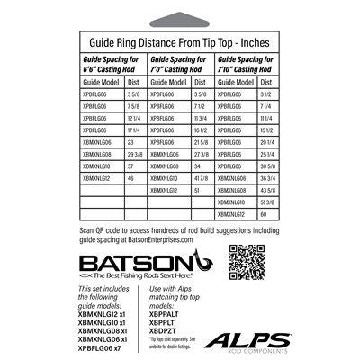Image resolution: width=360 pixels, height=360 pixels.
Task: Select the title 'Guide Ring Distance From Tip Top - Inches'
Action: pos(180,41)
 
